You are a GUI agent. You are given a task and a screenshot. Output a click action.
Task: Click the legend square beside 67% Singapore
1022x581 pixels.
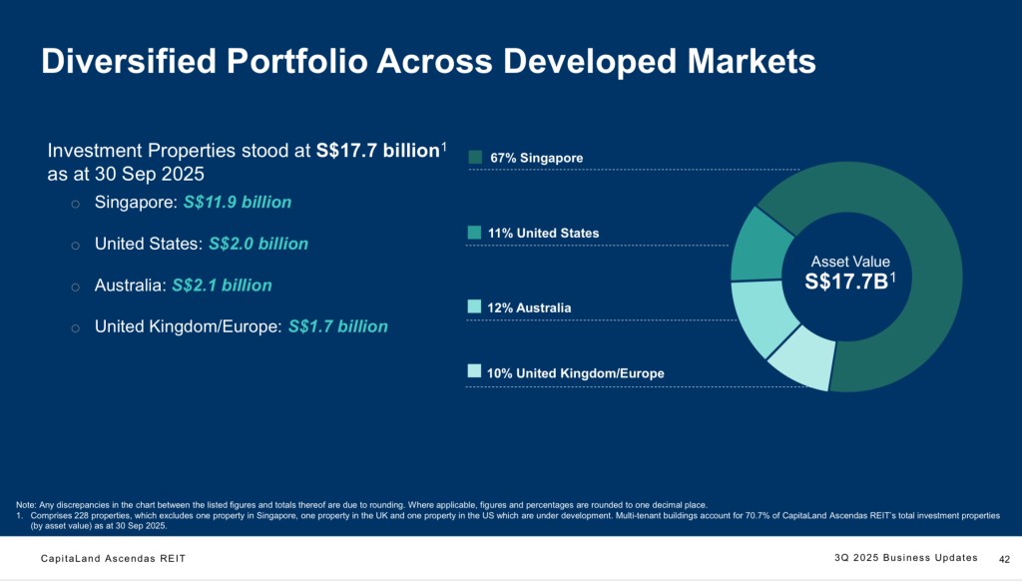tap(475, 157)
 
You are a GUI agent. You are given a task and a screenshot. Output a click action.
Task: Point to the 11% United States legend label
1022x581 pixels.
tap(544, 233)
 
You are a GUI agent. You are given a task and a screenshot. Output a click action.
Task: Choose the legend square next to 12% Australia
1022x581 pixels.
tap(475, 306)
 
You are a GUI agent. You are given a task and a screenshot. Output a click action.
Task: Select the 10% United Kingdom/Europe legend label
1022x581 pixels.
tap(575, 373)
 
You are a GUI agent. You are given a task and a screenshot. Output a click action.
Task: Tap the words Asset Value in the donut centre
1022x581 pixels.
tap(848, 262)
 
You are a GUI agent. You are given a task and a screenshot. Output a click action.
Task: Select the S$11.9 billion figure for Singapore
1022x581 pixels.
tap(238, 203)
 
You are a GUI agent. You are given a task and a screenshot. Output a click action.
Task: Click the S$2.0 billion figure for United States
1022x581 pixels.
tap(258, 244)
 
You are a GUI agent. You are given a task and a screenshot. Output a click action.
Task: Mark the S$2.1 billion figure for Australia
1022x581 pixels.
tap(222, 286)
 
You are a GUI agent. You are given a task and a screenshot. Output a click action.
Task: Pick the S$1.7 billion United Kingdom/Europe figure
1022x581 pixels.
tap(338, 326)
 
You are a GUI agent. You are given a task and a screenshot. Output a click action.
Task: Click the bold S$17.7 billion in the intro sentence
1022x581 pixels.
tap(377, 152)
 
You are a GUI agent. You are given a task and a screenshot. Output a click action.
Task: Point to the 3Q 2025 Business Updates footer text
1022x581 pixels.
tap(905, 557)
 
